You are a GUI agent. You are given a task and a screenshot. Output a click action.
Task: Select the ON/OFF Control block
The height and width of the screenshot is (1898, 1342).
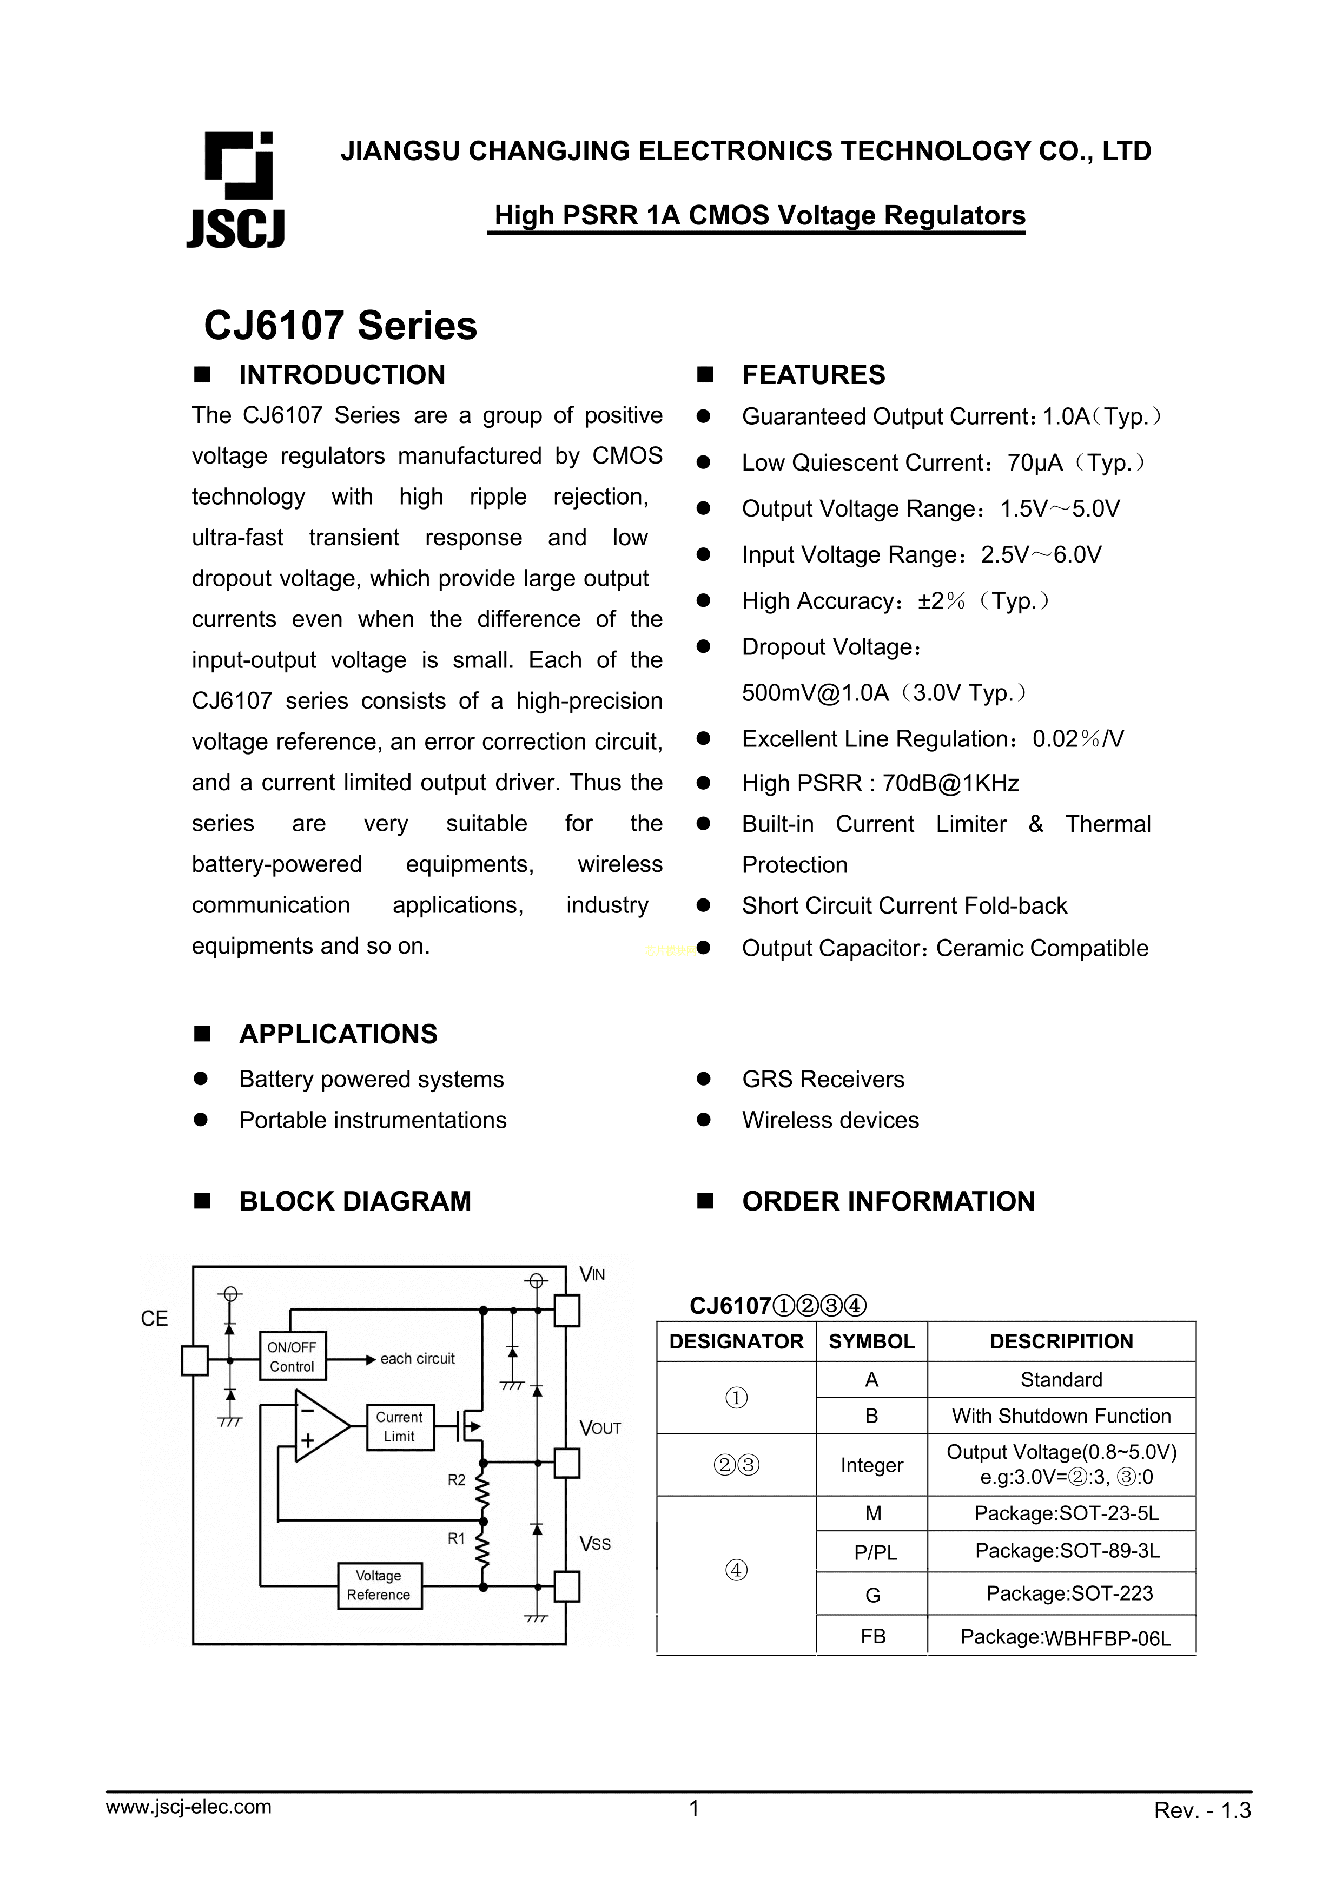[292, 1357]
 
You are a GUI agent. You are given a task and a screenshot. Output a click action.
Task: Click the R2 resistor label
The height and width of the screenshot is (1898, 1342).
[457, 1480]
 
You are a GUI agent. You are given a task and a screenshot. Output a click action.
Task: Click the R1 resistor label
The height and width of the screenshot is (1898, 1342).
[457, 1538]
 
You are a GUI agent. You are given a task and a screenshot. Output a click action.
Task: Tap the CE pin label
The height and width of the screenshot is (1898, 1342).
[155, 1319]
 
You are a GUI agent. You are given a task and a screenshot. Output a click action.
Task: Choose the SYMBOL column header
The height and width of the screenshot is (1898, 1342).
[871, 1341]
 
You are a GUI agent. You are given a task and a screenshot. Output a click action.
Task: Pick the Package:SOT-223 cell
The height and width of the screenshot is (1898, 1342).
[1069, 1593]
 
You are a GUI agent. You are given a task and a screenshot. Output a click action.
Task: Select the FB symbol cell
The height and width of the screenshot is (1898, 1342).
[872, 1637]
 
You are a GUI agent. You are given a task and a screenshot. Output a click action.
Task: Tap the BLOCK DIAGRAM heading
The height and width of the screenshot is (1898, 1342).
[355, 1201]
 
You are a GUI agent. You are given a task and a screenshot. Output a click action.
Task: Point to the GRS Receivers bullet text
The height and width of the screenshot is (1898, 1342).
[823, 1080]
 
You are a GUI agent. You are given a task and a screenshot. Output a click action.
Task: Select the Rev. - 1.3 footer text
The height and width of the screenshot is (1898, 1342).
[1202, 1834]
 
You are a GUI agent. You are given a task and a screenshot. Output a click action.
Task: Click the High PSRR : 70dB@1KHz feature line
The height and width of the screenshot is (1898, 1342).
[880, 783]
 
